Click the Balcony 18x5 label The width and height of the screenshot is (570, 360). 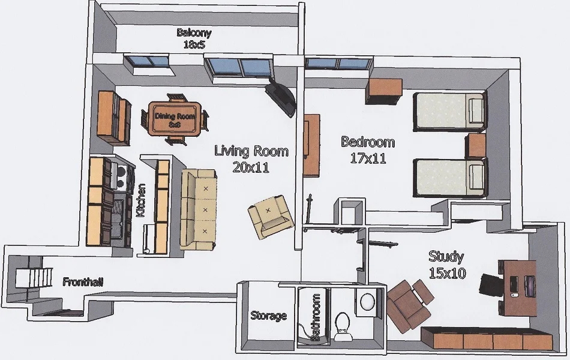pyautogui.click(x=193, y=38)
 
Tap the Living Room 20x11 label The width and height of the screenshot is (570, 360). pyautogui.click(x=251, y=158)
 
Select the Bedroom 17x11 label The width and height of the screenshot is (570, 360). pyautogui.click(x=368, y=150)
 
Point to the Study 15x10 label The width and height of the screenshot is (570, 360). pyautogui.click(x=446, y=265)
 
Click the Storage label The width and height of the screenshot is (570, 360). pyautogui.click(x=268, y=316)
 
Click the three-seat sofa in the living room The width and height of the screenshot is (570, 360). pyautogui.click(x=199, y=209)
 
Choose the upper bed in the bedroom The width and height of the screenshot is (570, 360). pyautogui.click(x=449, y=111)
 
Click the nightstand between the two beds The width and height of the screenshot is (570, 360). pyautogui.click(x=476, y=145)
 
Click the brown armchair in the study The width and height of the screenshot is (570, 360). pyautogui.click(x=410, y=303)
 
